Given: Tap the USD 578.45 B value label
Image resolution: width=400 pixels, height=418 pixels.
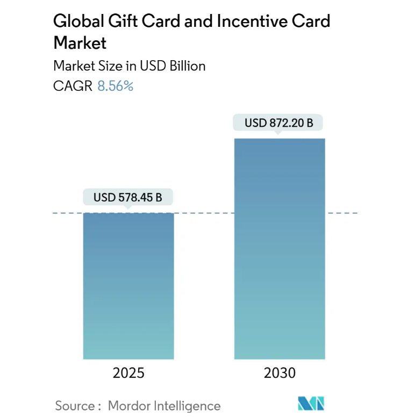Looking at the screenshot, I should [x=128, y=197].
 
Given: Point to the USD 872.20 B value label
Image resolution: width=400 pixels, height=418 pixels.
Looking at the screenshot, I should [x=279, y=123].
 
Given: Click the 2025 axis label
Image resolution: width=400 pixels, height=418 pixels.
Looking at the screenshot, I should [x=128, y=372].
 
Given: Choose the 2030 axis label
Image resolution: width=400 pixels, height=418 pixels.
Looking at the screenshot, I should [x=280, y=372].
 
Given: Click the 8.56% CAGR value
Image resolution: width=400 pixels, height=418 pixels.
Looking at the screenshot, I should [x=115, y=85].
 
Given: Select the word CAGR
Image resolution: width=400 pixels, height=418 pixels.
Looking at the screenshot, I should [x=73, y=85].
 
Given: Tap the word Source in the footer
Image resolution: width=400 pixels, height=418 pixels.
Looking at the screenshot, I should [x=73, y=405].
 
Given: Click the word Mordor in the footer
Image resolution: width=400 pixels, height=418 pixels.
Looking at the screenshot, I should [x=127, y=405].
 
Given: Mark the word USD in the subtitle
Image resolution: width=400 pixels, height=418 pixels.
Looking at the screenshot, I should [x=153, y=66].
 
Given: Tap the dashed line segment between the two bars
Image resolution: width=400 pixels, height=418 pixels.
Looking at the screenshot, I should [x=204, y=213].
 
